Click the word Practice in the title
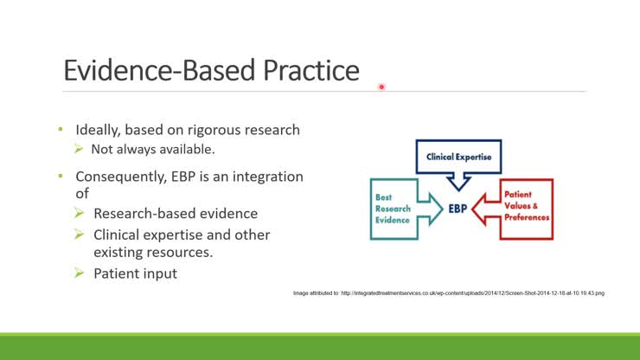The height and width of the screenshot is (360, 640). (311, 70)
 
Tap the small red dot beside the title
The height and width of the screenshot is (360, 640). (381, 87)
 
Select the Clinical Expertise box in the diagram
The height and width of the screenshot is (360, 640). (458, 157)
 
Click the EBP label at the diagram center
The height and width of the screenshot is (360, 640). (458, 209)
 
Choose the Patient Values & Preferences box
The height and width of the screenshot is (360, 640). (527, 209)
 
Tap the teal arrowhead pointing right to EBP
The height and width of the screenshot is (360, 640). (436, 209)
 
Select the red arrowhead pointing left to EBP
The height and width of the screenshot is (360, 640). (479, 209)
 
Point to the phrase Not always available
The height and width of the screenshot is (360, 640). (153, 149)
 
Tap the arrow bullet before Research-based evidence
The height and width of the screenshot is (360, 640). (80, 213)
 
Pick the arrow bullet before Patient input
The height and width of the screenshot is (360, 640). (80, 273)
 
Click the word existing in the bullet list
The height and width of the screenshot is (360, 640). (121, 253)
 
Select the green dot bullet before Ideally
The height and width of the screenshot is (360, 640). (61, 130)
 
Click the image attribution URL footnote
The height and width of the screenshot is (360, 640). (449, 293)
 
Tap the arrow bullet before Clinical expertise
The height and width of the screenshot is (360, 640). (80, 235)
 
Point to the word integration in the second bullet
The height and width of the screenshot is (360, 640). (268, 177)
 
